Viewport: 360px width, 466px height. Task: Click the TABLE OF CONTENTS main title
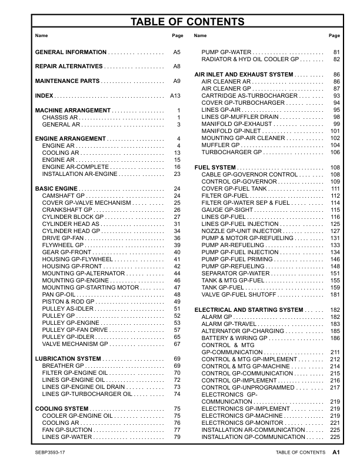[x=187, y=22]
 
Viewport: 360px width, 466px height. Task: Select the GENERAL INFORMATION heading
[x=71, y=52]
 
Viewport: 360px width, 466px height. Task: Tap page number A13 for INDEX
[x=175, y=95]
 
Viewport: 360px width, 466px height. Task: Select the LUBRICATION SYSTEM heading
[x=68, y=358]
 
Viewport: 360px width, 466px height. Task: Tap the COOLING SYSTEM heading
[x=62, y=408]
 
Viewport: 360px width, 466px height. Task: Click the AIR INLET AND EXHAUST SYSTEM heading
[x=244, y=75]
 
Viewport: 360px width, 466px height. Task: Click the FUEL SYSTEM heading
[x=215, y=168]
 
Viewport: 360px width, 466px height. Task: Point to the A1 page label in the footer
[x=336, y=452]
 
